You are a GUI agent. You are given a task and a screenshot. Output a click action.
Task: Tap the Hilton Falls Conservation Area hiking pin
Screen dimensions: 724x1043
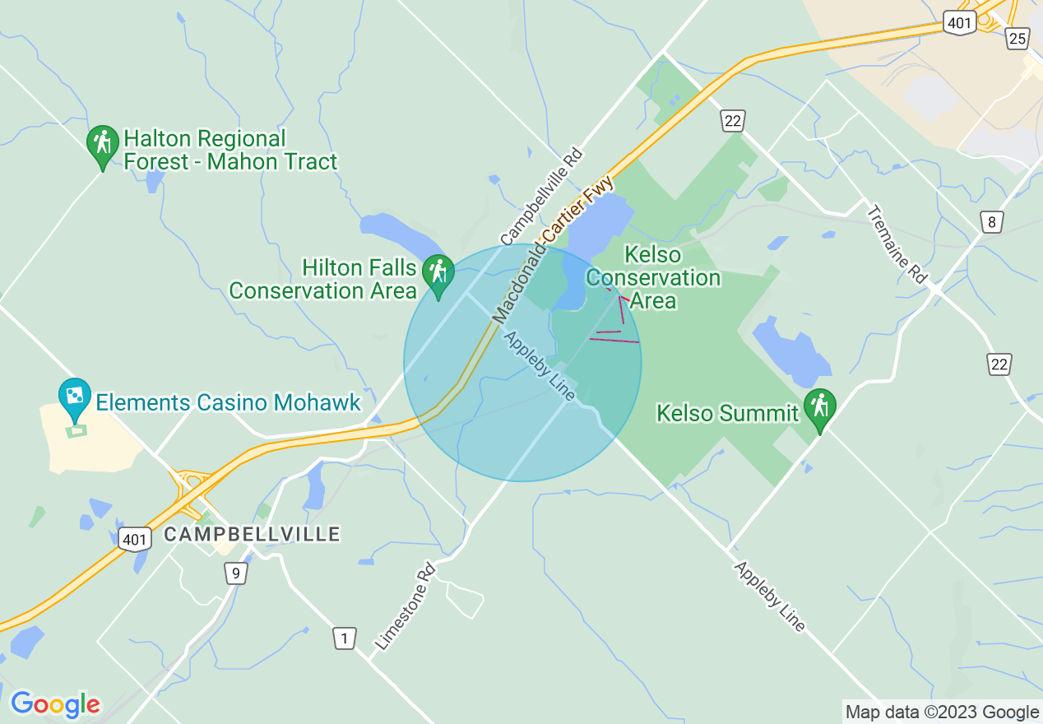[438, 274]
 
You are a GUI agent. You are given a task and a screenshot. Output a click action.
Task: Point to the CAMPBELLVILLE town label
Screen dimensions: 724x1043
[252, 534]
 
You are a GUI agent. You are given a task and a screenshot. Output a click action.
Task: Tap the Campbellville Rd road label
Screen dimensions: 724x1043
[541, 197]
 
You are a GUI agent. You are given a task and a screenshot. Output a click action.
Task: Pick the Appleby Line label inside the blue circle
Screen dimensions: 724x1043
[540, 366]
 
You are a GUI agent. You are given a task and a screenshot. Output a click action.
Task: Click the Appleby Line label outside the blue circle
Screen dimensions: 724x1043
[770, 597]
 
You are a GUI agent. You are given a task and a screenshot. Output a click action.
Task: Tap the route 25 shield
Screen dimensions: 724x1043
[1018, 37]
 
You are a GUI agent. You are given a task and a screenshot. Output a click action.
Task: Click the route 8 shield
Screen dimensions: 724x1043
[993, 221]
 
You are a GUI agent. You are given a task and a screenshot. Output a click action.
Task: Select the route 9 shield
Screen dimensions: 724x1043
[235, 573]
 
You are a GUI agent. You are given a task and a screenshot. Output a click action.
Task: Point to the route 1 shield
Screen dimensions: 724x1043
[345, 638]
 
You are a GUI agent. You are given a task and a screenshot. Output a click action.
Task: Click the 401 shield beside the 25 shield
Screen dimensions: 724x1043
[960, 23]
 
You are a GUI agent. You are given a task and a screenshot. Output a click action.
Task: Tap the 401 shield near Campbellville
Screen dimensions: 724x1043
[133, 539]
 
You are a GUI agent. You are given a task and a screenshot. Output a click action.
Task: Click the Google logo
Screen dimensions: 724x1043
[55, 704]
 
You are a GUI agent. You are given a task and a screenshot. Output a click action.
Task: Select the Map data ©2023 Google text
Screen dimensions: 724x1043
[943, 712]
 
